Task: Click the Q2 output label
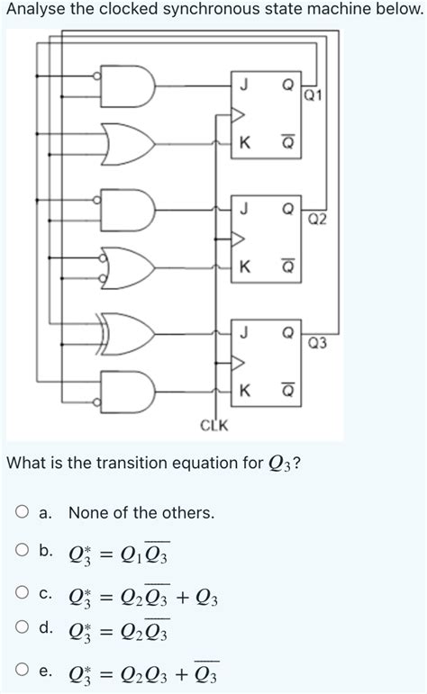[317, 219]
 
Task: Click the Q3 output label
[317, 343]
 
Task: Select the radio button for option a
[22, 513]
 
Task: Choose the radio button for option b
[22, 550]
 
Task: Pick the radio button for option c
[22, 592]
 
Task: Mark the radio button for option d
[22, 628]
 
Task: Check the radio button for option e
[22, 671]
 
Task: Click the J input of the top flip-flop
[241, 86]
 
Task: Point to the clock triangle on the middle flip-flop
[239, 239]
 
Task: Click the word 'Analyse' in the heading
[35, 9]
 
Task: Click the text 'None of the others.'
[141, 513]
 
